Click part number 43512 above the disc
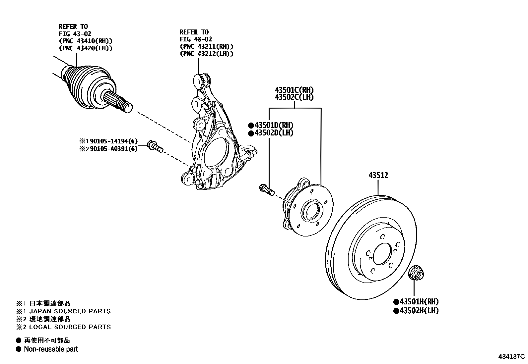378,175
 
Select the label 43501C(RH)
294,90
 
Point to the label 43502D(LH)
274,133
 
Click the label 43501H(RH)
419,302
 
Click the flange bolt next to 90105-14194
155,146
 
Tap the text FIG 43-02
75,33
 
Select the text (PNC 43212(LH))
206,54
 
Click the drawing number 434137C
511,357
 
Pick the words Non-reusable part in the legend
51,349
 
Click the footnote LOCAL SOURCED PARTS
70,327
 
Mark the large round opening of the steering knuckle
215,155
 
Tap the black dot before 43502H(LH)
396,311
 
